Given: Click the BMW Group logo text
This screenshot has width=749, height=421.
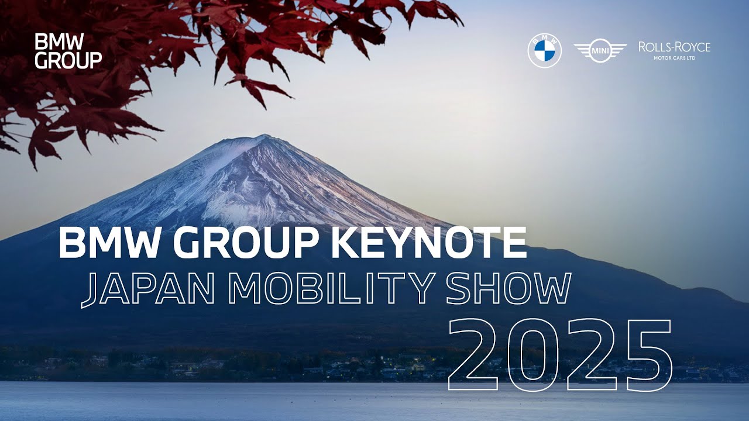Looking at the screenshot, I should pyautogui.click(x=68, y=51).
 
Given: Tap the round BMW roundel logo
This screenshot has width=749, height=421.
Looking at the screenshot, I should pyautogui.click(x=545, y=50).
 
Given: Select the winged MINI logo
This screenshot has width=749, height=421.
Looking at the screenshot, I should pyautogui.click(x=600, y=51).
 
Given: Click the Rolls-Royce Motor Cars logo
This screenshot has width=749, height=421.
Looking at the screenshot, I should pyautogui.click(x=674, y=50).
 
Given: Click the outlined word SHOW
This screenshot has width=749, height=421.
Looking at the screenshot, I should pyautogui.click(x=509, y=289).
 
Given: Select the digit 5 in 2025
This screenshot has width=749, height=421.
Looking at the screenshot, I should pyautogui.click(x=644, y=357).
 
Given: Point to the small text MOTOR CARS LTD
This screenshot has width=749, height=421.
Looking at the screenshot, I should pyautogui.click(x=675, y=58).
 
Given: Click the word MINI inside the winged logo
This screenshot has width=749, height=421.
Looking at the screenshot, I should pyautogui.click(x=600, y=51).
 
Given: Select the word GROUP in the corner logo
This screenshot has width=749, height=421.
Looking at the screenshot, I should pyautogui.click(x=68, y=60).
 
